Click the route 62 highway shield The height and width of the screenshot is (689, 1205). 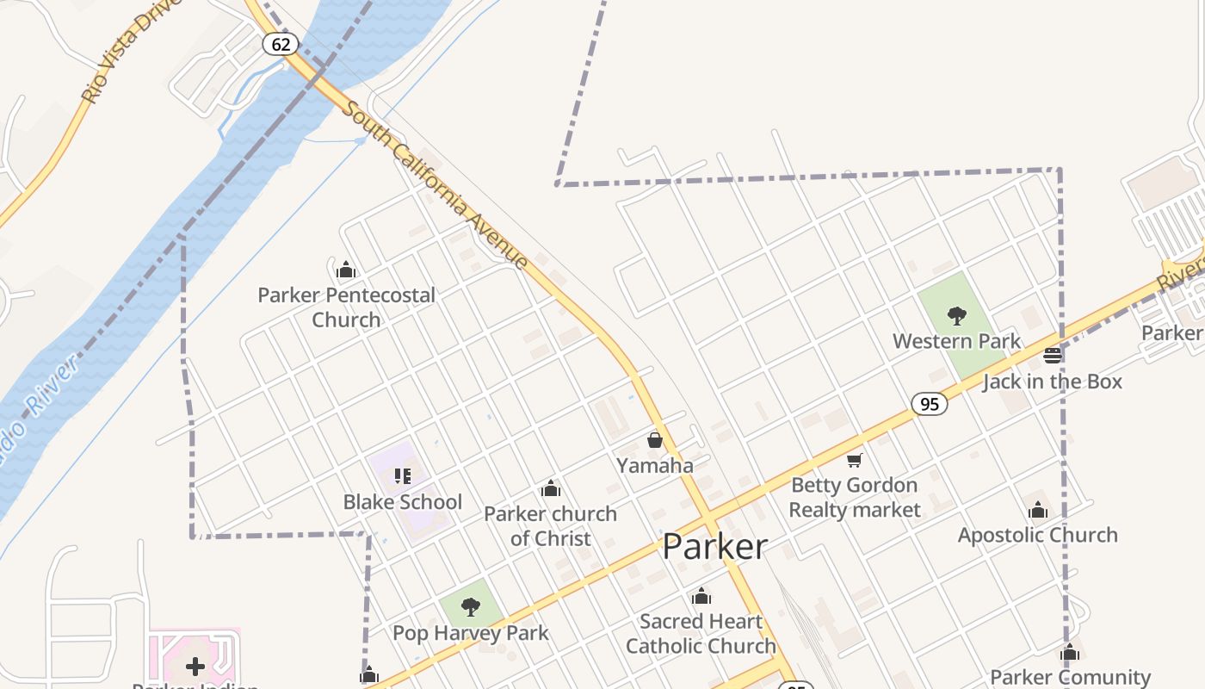281,43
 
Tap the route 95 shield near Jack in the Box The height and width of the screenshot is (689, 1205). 930,403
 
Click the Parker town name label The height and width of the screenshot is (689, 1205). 714,547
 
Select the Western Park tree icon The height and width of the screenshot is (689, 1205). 956,316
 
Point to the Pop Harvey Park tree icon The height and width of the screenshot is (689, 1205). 470,607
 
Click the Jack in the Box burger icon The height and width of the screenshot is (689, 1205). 1052,355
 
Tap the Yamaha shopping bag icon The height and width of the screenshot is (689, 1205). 655,440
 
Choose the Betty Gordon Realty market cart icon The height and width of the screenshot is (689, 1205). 854,461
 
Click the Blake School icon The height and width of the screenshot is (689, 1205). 402,475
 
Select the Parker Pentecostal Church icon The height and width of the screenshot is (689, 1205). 346,270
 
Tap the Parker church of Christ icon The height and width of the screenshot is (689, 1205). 551,489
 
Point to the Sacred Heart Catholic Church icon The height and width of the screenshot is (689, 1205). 701,596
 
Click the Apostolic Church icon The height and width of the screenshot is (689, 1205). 1038,510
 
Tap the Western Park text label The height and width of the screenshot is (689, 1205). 956,341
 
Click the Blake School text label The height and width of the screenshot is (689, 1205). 403,502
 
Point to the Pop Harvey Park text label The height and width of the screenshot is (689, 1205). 470,633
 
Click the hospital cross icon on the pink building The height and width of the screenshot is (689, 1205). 195,666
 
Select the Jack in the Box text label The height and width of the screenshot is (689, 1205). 1053,381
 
